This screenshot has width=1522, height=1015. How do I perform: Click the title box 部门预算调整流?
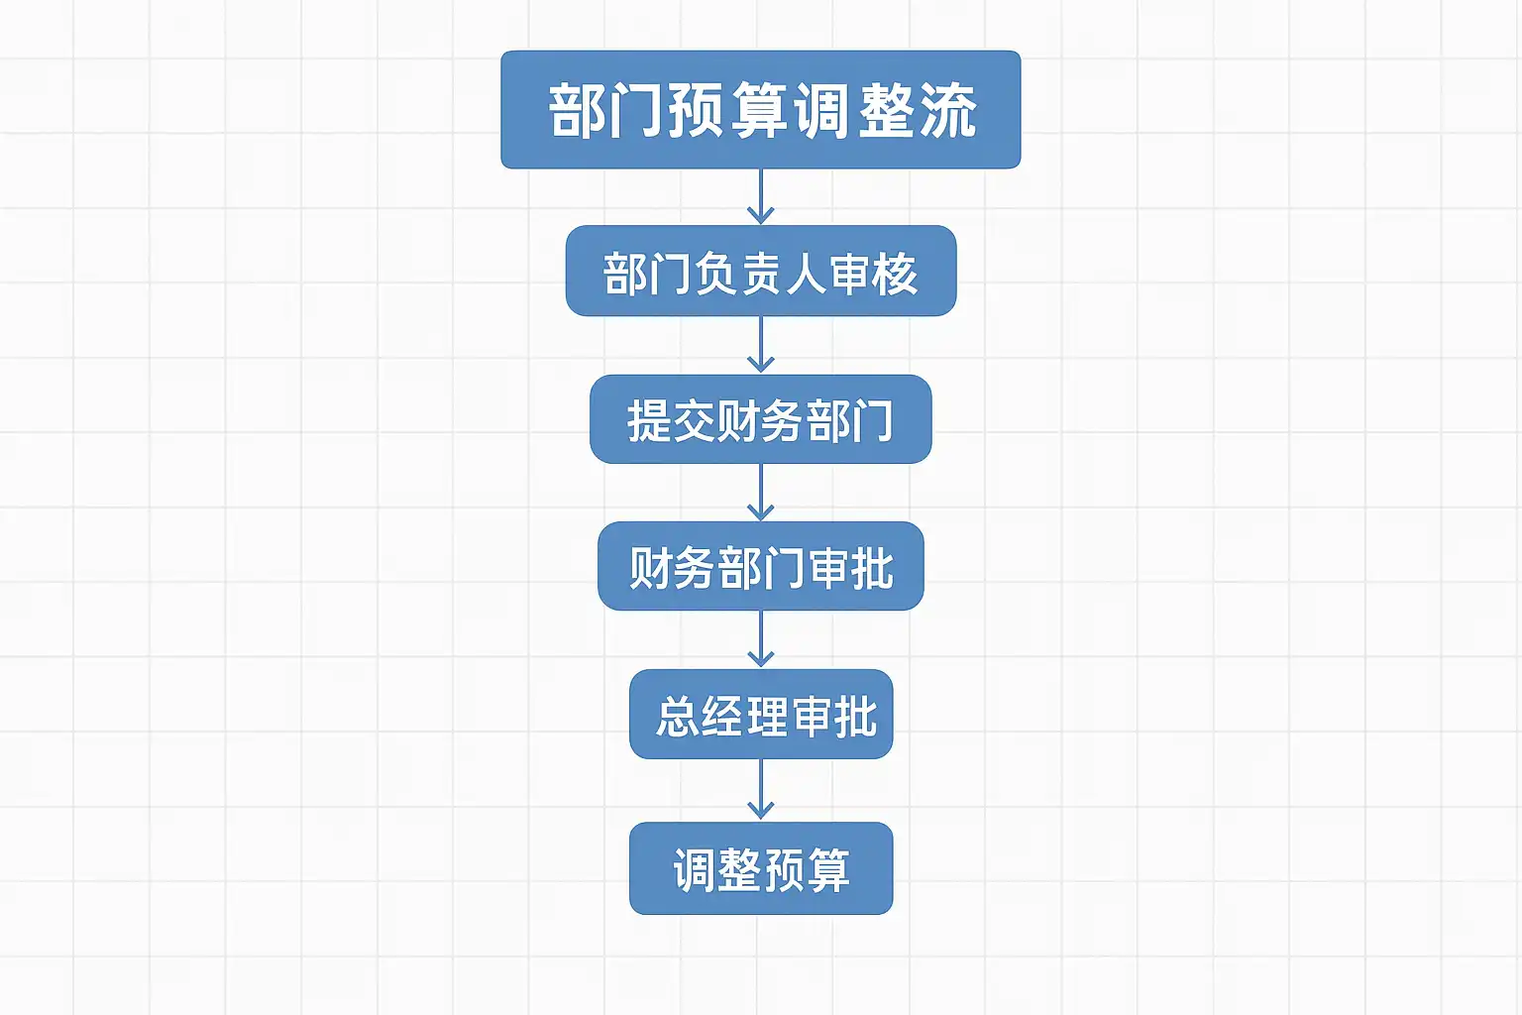(760, 109)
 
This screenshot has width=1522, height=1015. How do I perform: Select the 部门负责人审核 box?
(760, 272)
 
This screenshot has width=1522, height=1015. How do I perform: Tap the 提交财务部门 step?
(760, 419)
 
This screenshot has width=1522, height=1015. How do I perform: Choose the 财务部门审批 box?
(760, 566)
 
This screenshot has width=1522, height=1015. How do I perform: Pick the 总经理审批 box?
(760, 715)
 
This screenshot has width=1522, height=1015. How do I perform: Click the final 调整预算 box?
(760, 868)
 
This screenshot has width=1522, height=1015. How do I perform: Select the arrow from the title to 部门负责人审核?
(760, 197)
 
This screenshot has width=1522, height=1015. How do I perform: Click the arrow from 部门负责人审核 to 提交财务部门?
(760, 345)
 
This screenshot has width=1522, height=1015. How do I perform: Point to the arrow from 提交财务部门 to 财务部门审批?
(760, 493)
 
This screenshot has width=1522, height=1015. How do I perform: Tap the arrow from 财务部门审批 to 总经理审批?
(760, 639)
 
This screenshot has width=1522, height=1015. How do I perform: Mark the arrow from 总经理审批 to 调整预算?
(760, 790)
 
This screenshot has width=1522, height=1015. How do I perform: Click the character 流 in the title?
(948, 110)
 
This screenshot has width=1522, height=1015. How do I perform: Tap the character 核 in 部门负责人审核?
(895, 275)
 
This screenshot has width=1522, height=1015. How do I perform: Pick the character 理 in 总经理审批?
(767, 717)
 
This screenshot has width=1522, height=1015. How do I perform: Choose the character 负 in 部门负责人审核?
(714, 275)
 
